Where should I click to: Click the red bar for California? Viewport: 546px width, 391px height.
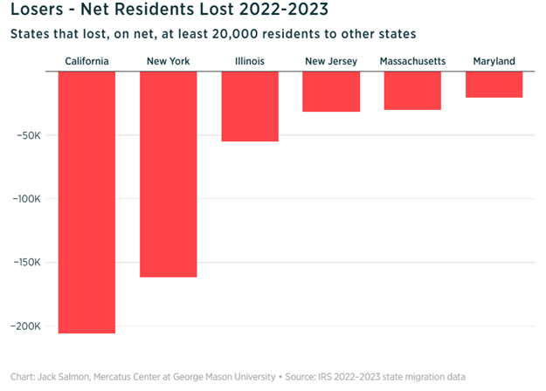pos(86,202)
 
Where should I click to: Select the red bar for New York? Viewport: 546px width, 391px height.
pos(168,174)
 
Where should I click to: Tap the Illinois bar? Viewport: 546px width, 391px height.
pos(250,106)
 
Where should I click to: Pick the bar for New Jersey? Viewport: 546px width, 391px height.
pos(331,91)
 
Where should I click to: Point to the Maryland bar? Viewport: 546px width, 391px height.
pos(494,84)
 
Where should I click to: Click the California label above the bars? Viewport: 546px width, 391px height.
pos(86,61)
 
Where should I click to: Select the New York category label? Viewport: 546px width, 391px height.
pos(168,61)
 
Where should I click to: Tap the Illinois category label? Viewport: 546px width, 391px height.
pos(250,61)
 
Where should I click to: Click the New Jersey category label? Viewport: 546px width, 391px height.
pos(331,61)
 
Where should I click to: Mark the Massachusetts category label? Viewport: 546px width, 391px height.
pos(412,61)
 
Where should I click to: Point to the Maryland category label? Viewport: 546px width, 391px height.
pos(494,61)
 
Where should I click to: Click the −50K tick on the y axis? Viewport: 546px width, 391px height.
pos(31,135)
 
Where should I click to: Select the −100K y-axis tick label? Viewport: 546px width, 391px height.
pos(28,199)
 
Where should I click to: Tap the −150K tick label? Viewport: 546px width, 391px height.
pos(28,263)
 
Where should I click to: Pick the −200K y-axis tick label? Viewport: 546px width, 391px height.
pos(28,326)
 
